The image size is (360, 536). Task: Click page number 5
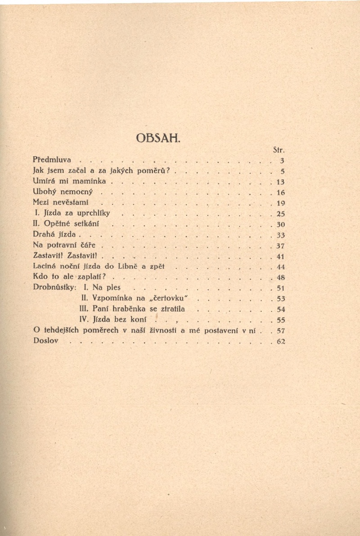point(282,171)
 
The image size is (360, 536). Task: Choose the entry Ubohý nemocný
point(63,192)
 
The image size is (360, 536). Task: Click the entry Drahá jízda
point(54,234)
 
